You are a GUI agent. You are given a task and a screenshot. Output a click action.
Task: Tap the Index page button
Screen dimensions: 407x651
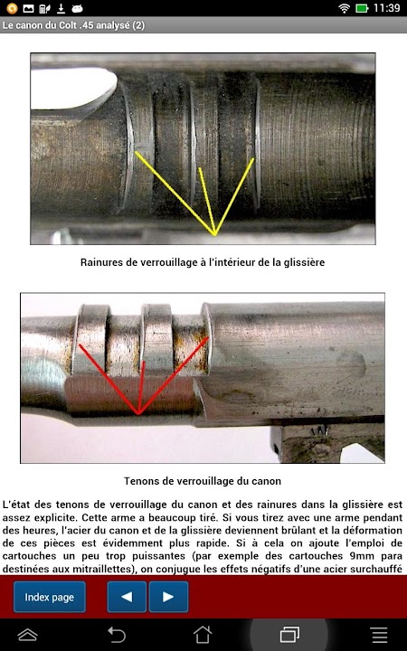[x=50, y=597]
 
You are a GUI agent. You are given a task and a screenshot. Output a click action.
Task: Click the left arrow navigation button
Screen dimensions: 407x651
[x=127, y=597]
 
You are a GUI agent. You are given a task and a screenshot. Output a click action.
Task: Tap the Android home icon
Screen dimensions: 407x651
[x=203, y=635]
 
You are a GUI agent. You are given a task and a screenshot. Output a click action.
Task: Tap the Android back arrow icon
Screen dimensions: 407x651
[x=117, y=635]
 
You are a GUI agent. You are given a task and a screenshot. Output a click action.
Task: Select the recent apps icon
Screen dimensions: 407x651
[x=289, y=635]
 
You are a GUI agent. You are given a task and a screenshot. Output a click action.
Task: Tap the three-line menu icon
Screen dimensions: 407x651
[x=380, y=635]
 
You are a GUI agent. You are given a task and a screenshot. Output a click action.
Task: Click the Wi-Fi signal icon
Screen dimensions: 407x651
[x=345, y=8]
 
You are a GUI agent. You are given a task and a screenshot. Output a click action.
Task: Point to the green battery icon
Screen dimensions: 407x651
[x=362, y=8]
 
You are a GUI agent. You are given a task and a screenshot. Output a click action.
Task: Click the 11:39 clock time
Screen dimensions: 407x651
[x=387, y=8]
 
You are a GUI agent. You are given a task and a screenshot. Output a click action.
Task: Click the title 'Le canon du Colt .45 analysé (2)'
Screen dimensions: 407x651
[x=73, y=25]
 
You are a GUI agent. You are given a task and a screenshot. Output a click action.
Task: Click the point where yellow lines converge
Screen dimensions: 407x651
[x=215, y=235]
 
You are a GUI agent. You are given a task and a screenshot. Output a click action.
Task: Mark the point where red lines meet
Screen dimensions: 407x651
[x=139, y=414]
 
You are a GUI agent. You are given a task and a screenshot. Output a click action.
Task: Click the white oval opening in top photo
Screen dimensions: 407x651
[x=71, y=89]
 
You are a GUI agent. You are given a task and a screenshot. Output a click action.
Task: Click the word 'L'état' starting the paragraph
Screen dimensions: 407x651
[x=16, y=505]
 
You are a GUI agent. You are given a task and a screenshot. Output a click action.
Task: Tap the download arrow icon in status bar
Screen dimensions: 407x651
[x=61, y=8]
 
